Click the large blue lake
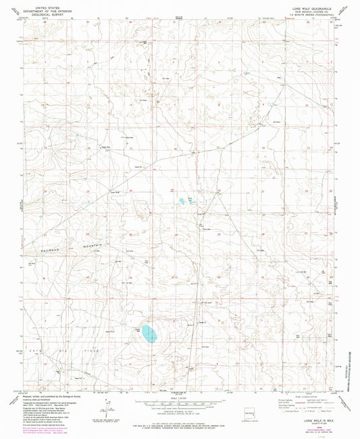pyautogui.click(x=147, y=332)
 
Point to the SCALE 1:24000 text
pyautogui.click(x=180, y=397)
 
